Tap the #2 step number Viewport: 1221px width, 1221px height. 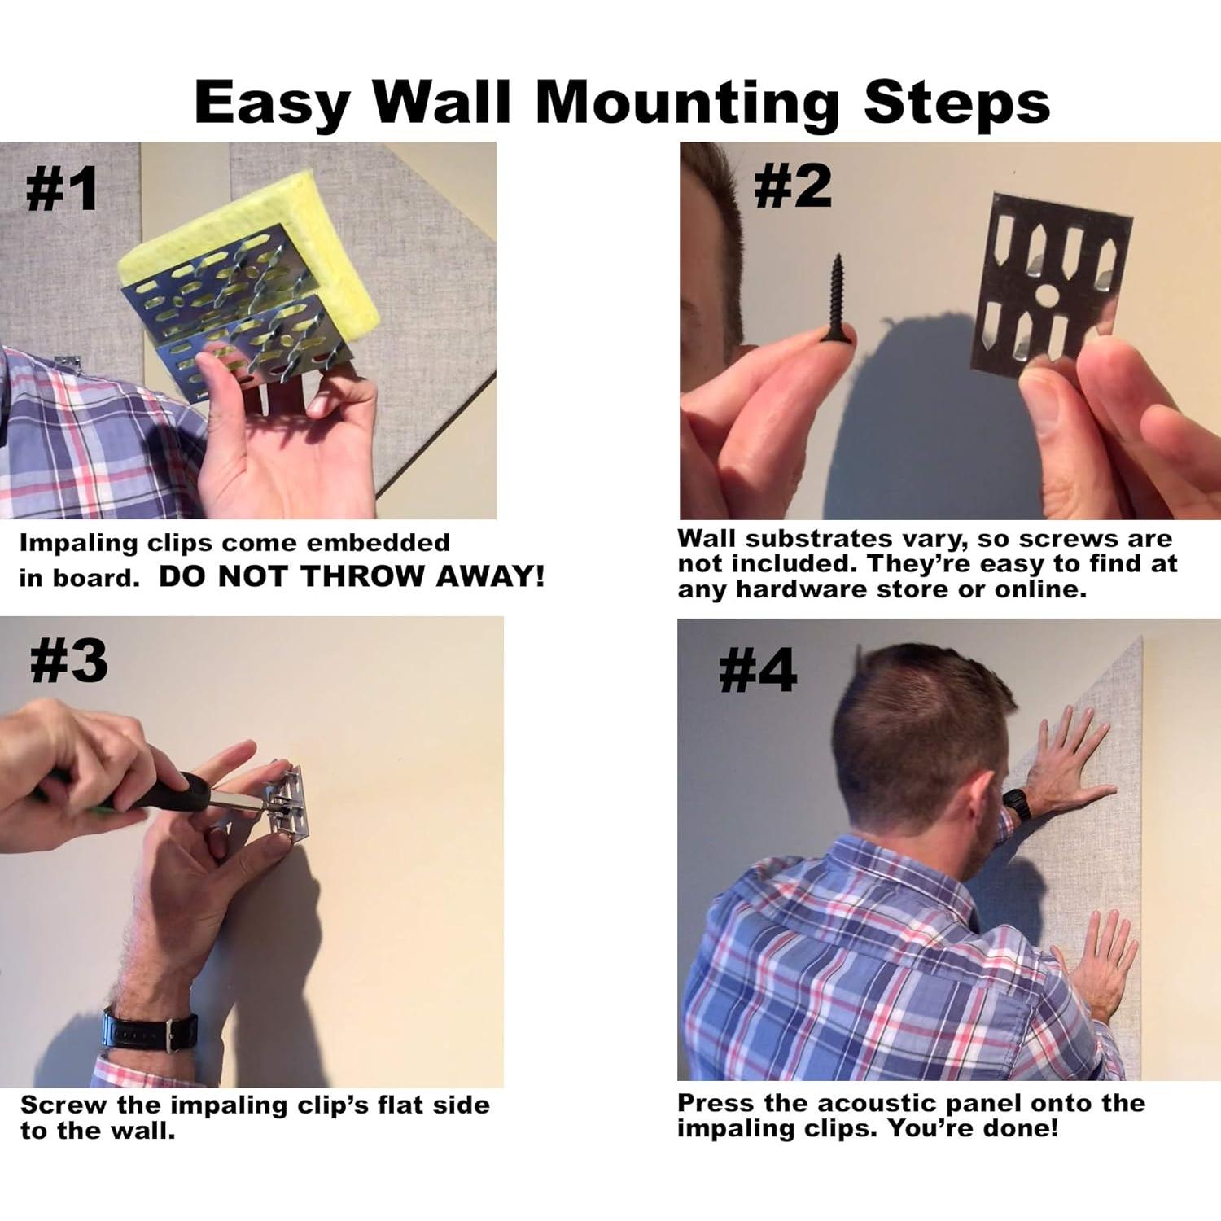click(x=793, y=186)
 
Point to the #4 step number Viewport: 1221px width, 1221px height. click(x=758, y=672)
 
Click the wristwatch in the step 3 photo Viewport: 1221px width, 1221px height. click(x=150, y=1030)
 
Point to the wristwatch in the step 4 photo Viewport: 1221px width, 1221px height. click(x=1017, y=804)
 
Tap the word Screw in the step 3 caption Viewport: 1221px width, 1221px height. click(x=63, y=1105)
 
